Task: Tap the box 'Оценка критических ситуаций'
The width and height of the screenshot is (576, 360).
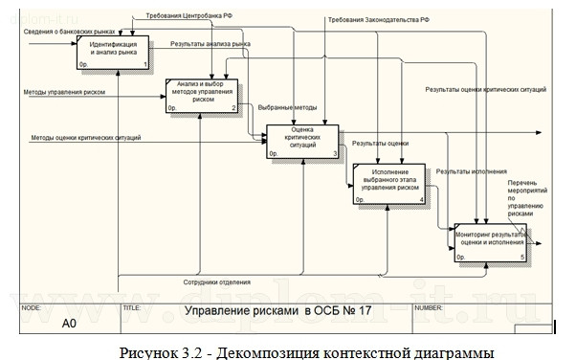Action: click(x=302, y=140)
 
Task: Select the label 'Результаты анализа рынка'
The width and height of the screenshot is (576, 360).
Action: click(x=210, y=45)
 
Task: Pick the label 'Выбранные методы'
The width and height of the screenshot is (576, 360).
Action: click(x=286, y=108)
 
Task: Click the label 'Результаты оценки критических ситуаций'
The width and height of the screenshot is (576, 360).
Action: click(x=486, y=89)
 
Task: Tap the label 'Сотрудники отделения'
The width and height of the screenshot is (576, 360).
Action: click(x=217, y=281)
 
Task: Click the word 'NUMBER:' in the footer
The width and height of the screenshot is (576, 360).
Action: click(x=427, y=308)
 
